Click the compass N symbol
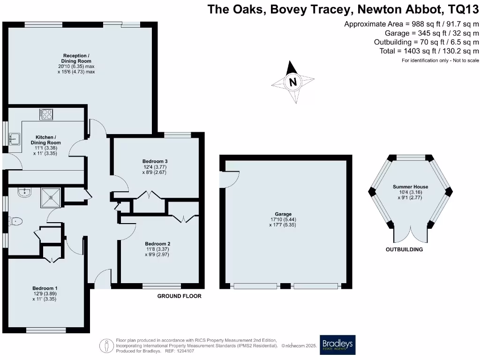pyautogui.click(x=293, y=82)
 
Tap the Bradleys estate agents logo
pyautogui.click(x=337, y=345)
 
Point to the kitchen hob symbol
pyautogui.click(x=46, y=114)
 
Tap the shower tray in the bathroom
pyautogui.click(x=50, y=197)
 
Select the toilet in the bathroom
pyautogui.click(x=15, y=221)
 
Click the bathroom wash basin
pyautogui.click(x=22, y=192)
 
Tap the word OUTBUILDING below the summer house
pyautogui.click(x=404, y=249)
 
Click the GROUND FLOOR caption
pyautogui.click(x=179, y=296)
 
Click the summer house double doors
pyautogui.click(x=410, y=234)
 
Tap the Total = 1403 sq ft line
pyautogui.click(x=429, y=51)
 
